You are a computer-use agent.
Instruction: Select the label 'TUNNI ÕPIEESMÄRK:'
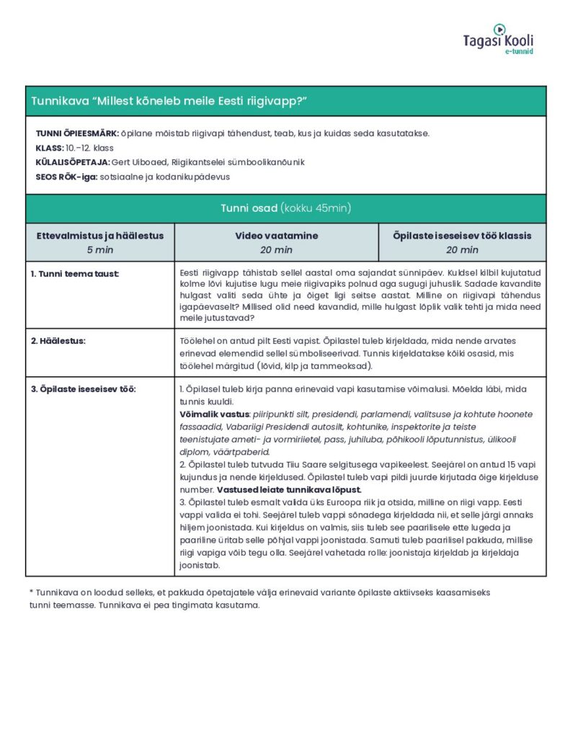[x=77, y=133]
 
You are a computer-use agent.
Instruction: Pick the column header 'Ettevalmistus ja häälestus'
[x=100, y=236]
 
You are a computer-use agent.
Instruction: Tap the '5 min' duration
[x=100, y=250]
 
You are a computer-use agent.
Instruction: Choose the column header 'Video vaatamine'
[x=276, y=236]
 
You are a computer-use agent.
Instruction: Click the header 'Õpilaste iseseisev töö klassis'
[x=462, y=236]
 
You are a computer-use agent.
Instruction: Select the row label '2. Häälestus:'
[x=58, y=340]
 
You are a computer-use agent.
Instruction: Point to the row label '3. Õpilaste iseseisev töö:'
[x=84, y=389]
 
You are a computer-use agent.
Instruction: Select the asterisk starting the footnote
[x=32, y=592]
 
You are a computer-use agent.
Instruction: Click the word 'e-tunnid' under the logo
[x=519, y=53]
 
